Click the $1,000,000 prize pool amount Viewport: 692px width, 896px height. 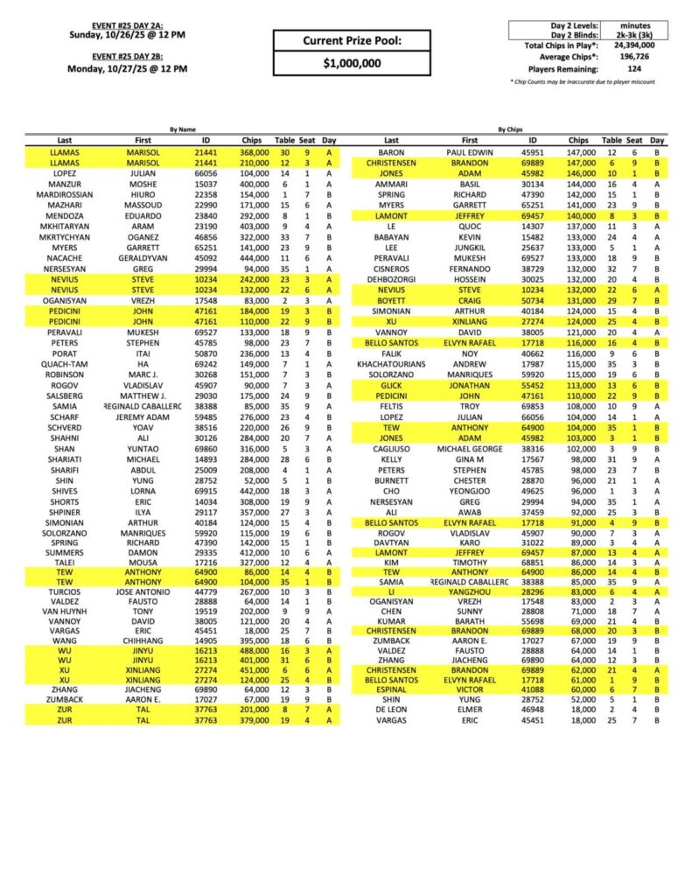point(353,63)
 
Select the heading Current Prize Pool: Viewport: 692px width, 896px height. point(353,40)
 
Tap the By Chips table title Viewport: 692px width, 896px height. point(511,128)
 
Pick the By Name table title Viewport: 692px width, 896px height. point(183,128)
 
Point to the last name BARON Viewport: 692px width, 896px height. point(391,151)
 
